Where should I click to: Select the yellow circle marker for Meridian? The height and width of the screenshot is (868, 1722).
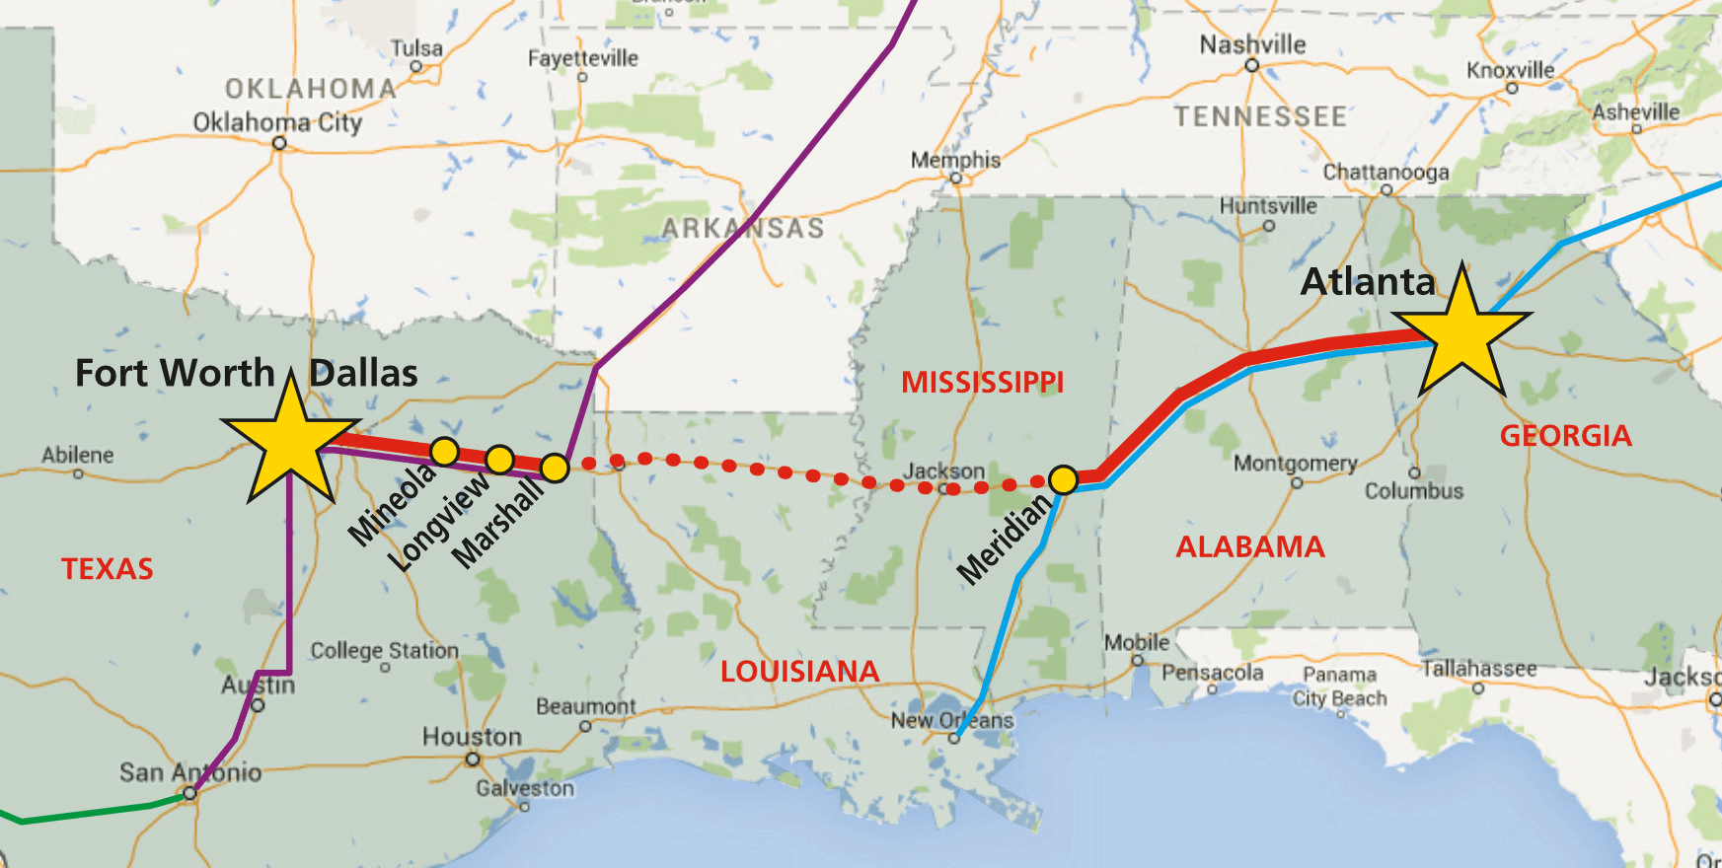tap(1063, 480)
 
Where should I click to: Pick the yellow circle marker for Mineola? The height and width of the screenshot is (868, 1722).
tap(445, 452)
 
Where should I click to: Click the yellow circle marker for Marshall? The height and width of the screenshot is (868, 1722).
tap(555, 468)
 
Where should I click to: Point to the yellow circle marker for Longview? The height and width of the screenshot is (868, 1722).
tap(500, 460)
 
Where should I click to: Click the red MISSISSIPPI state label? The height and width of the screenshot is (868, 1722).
tap(982, 383)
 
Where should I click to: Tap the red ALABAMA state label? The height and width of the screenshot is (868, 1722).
tap(1249, 547)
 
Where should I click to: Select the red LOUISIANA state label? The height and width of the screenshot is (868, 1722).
tap(799, 672)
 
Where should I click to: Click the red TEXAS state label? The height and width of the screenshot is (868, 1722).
tap(108, 569)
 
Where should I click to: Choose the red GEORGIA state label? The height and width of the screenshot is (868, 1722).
tap(1565, 436)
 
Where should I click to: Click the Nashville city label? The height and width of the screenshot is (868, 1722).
tap(1252, 44)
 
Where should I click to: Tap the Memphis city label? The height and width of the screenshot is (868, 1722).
tap(955, 160)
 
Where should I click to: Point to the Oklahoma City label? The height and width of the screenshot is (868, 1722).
tap(277, 122)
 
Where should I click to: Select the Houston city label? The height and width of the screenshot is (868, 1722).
tap(472, 737)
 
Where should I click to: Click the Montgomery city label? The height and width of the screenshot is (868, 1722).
tap(1295, 463)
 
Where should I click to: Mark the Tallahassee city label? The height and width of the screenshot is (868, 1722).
tap(1478, 669)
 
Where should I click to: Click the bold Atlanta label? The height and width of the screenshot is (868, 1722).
tap(1368, 282)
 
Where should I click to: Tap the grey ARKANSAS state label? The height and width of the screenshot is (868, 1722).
tap(742, 229)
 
